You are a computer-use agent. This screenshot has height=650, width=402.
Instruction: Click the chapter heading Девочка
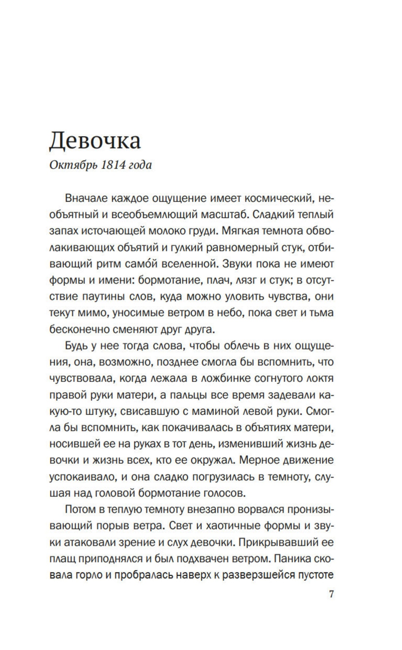point(95,140)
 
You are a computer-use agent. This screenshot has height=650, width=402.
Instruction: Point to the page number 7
point(331,594)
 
